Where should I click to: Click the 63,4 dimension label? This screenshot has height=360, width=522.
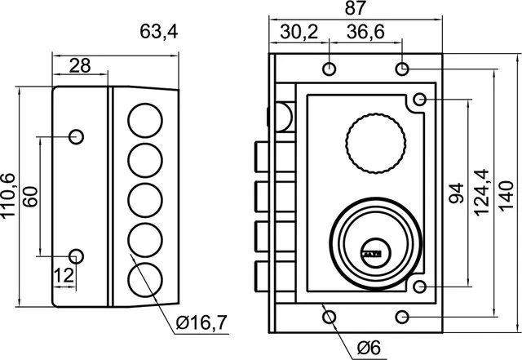click(159, 32)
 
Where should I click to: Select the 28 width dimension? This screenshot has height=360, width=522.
click(80, 65)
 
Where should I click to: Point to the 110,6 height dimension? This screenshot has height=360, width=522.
click(8, 197)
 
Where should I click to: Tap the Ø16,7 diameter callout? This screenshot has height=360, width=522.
click(201, 322)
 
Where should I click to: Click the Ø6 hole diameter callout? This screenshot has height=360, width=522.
click(369, 348)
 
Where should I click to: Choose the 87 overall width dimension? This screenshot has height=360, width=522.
click(356, 8)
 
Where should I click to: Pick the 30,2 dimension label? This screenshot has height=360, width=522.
click(299, 32)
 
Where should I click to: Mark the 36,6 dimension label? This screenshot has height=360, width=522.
click(365, 32)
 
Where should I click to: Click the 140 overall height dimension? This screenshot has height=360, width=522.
click(507, 196)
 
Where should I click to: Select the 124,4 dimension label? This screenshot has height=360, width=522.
click(480, 193)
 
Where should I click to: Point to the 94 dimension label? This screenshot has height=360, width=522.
click(456, 193)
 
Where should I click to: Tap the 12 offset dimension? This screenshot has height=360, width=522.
click(64, 276)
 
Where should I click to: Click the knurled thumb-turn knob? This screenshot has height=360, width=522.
click(376, 144)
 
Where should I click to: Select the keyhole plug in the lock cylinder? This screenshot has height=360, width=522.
click(375, 253)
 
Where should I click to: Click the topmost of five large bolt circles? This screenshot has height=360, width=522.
click(145, 120)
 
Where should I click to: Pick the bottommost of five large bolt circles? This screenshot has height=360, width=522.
click(145, 280)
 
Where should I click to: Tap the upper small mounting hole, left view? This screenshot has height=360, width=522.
click(76, 136)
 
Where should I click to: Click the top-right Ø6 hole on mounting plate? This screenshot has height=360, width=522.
click(402, 69)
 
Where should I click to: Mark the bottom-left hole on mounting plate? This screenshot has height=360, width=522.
click(330, 317)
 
